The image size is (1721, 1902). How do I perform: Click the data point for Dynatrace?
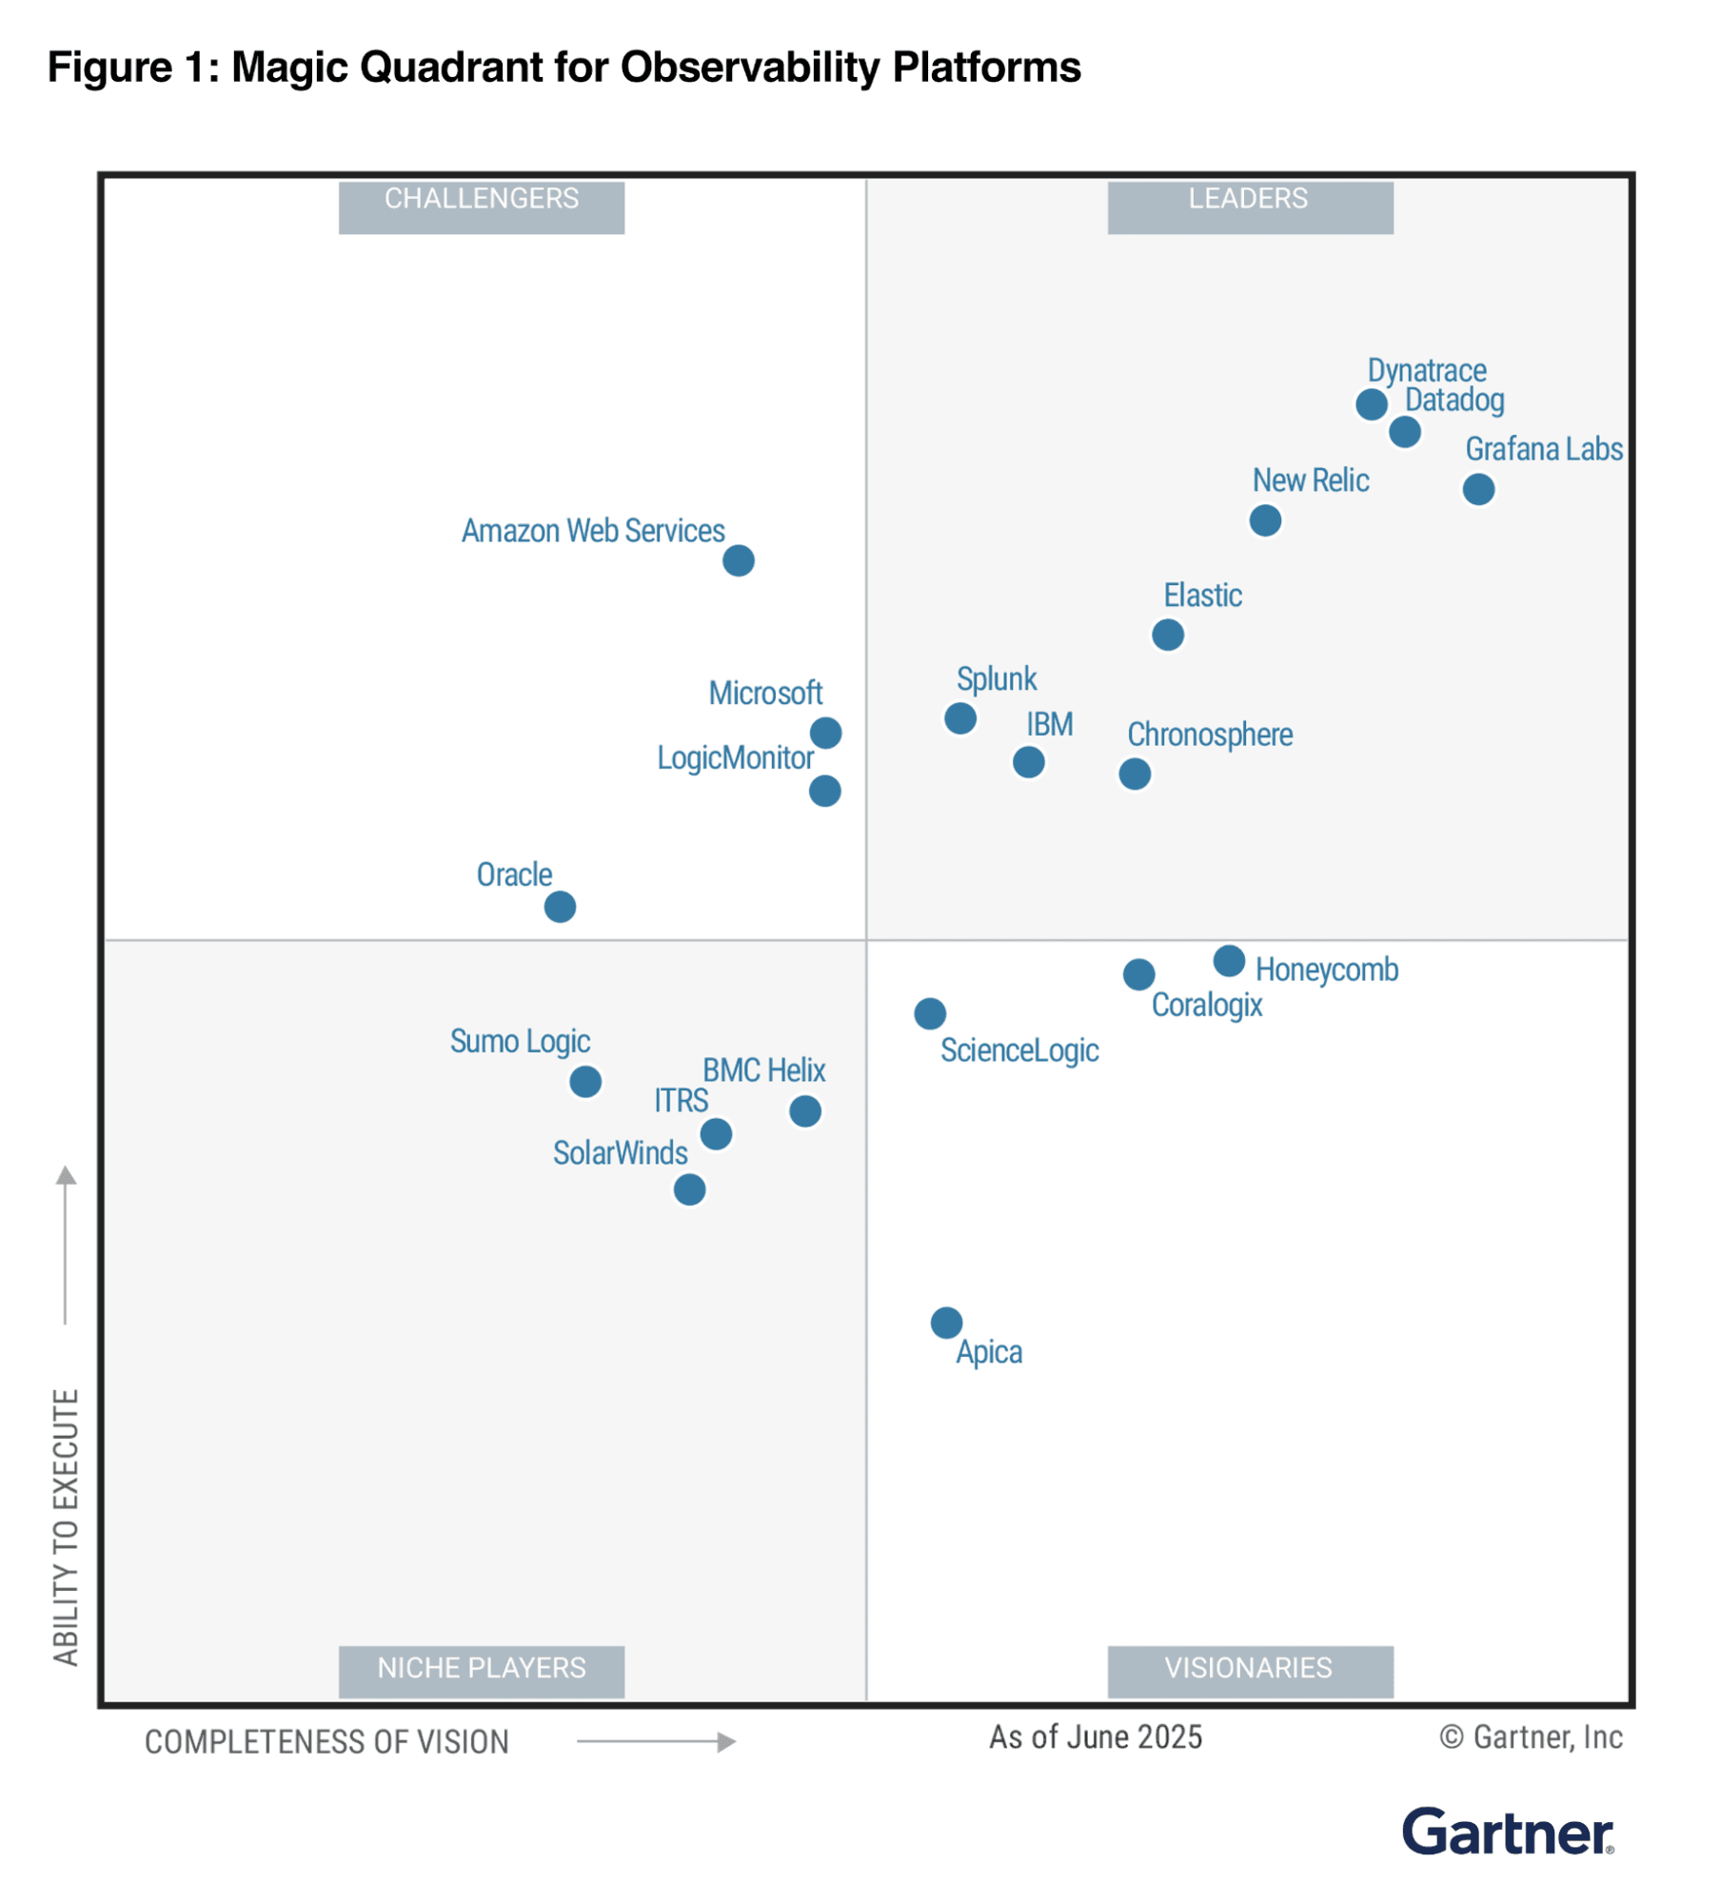[x=1371, y=404]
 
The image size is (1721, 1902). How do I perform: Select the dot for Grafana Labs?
[x=1477, y=489]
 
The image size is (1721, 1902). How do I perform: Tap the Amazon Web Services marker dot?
[x=738, y=560]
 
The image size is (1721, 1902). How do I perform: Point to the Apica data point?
[x=945, y=1322]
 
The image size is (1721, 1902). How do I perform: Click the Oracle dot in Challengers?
[x=560, y=906]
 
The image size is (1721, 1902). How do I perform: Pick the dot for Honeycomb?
[x=1228, y=960]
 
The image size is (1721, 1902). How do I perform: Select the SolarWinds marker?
[x=689, y=1188]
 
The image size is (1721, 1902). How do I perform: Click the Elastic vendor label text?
[x=1202, y=596]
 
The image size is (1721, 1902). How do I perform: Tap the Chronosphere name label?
[x=1209, y=735]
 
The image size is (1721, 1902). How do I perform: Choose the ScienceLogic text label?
[x=1019, y=1050]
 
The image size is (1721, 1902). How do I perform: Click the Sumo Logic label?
[x=520, y=1041]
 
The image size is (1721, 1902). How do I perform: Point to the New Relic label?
[x=1310, y=480]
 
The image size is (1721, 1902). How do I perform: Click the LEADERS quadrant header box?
[x=1249, y=206]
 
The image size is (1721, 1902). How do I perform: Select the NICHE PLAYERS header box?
[x=482, y=1671]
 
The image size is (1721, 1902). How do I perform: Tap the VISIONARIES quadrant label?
[x=1249, y=1671]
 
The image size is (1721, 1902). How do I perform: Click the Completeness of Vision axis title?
[x=326, y=1742]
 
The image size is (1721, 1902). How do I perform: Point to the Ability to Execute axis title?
[x=66, y=1526]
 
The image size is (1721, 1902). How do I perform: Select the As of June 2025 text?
[x=1095, y=1737]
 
